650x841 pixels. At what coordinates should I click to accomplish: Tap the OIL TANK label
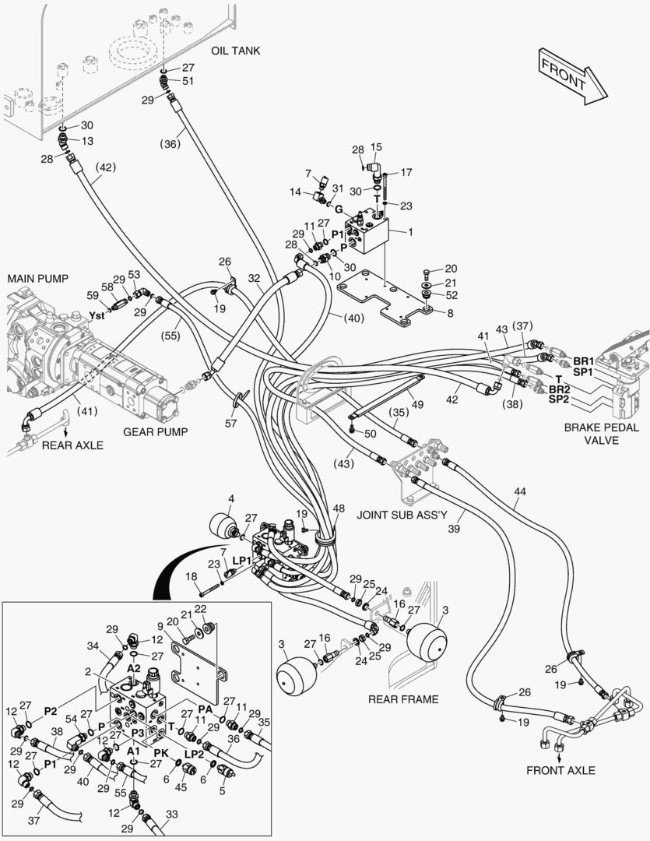235,51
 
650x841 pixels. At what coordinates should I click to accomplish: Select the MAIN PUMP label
38,278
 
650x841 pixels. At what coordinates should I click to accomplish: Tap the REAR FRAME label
403,699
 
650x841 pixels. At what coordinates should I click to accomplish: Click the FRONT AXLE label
560,771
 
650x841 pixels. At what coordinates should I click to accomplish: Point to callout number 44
520,491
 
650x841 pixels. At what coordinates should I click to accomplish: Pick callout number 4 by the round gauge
231,498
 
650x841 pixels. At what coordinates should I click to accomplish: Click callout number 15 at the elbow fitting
377,147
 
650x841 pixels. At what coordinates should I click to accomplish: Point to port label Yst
97,315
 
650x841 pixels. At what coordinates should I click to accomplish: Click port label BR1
583,362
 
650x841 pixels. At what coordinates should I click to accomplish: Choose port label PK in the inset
160,753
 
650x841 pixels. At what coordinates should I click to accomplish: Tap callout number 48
337,508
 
